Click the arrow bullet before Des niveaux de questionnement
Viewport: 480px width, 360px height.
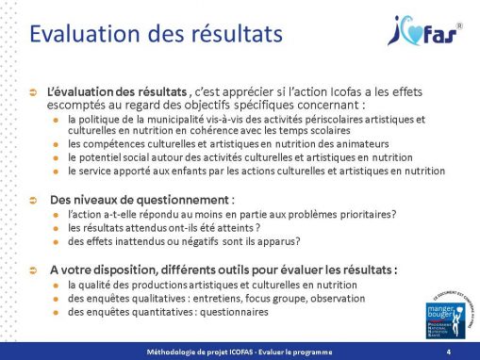(35, 201)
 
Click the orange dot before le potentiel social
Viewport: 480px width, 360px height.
(59, 158)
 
